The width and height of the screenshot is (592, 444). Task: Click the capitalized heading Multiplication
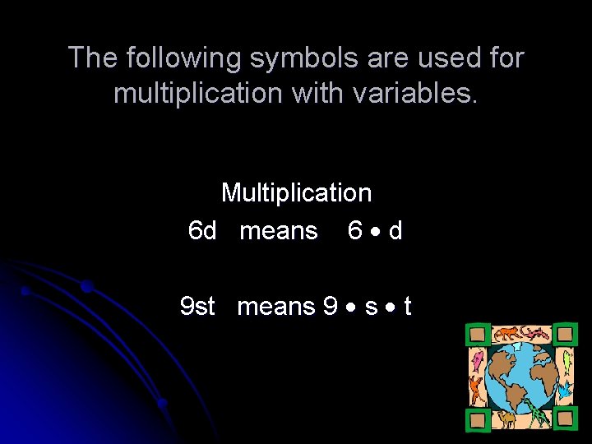pos(296,193)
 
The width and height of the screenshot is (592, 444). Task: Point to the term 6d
pos(202,231)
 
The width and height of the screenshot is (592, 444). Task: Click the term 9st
pos(197,307)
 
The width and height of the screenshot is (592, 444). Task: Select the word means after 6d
pos(278,231)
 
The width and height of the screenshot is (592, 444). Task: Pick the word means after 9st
pos(276,307)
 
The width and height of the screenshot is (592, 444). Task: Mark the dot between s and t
pos(391,308)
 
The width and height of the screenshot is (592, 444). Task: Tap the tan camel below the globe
pos(506,419)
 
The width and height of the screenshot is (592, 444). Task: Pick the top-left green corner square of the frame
pos(477,335)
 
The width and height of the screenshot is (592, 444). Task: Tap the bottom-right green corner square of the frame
pos(564,419)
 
